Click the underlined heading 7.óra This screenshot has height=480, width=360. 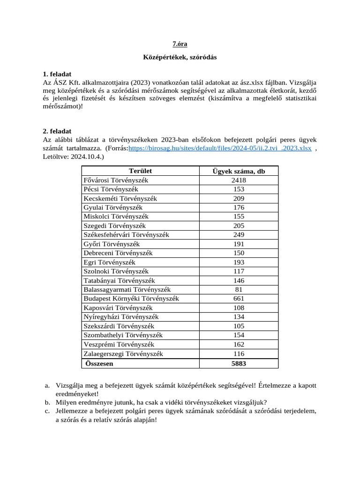pyautogui.click(x=180, y=44)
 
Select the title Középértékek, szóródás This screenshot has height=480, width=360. pyautogui.click(x=180, y=57)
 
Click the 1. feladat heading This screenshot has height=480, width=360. pyautogui.click(x=57, y=74)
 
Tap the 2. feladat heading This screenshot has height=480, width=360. pyautogui.click(x=57, y=131)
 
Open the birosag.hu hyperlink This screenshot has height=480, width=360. pyautogui.click(x=220, y=148)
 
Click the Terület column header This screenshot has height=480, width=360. pyautogui.click(x=140, y=171)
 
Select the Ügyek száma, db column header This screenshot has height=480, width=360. pyautogui.click(x=239, y=171)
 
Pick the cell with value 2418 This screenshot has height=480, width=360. pyautogui.click(x=239, y=180)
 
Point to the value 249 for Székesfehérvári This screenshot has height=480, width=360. pyautogui.click(x=239, y=234)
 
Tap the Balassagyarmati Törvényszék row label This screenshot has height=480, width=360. pyautogui.click(x=127, y=290)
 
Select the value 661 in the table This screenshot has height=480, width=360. pyautogui.click(x=239, y=299)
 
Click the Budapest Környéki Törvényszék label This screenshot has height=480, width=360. pyautogui.click(x=131, y=299)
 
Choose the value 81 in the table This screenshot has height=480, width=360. pyautogui.click(x=239, y=290)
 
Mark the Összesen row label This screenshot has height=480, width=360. pyautogui.click(x=99, y=363)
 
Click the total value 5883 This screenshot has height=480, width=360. pyautogui.click(x=239, y=363)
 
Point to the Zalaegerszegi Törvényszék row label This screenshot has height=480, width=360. pyautogui.click(x=123, y=354)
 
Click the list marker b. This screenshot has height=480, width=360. pyautogui.click(x=47, y=402)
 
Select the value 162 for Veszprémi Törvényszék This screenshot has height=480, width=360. pyautogui.click(x=239, y=345)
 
